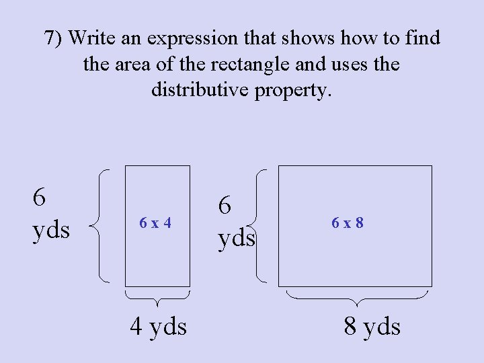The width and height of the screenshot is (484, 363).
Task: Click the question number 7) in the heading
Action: (54, 38)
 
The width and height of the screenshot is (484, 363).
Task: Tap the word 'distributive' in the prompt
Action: (200, 89)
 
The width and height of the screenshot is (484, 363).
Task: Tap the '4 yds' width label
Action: (159, 327)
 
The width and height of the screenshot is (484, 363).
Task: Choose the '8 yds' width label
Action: (372, 327)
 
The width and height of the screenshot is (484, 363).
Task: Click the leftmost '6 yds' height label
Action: (50, 214)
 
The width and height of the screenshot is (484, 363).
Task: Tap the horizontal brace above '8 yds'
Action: (358, 297)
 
